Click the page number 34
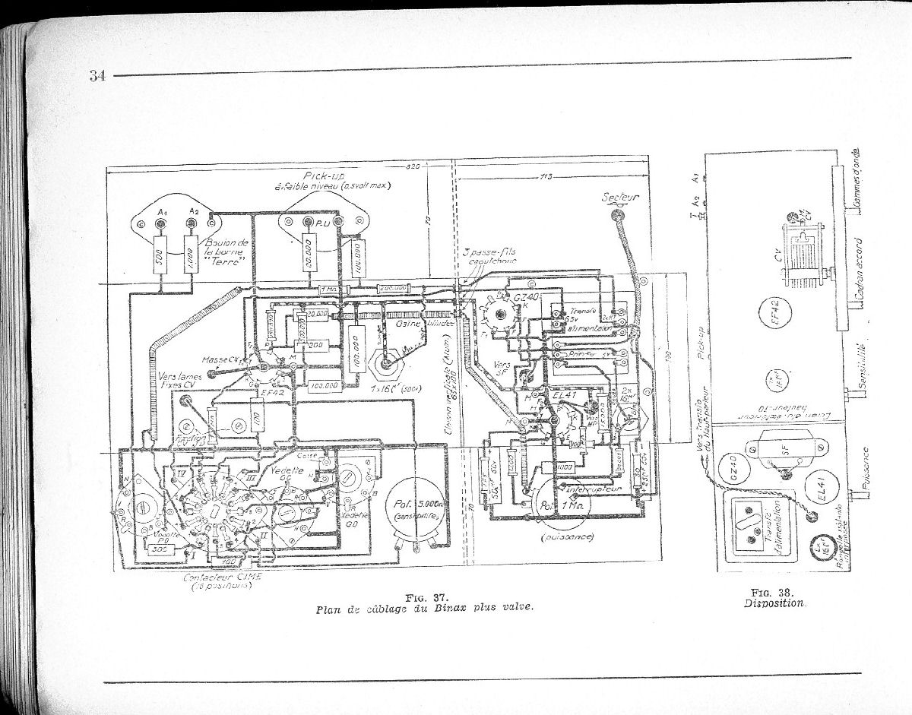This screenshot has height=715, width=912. pyautogui.click(x=97, y=75)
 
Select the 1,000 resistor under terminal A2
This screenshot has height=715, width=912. pyautogui.click(x=188, y=258)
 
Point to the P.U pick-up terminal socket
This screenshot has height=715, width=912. pyautogui.click(x=308, y=222)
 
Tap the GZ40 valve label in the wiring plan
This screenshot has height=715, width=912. pyautogui.click(x=526, y=297)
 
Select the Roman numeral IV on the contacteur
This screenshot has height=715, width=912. pyautogui.click(x=182, y=473)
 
